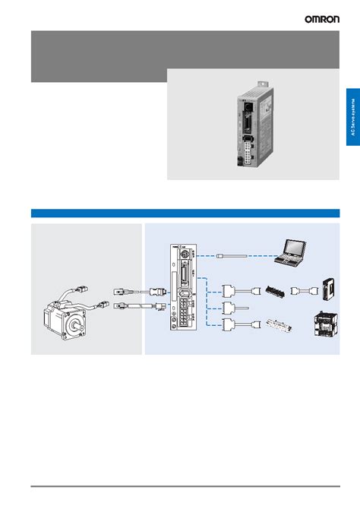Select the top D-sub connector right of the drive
coord(229,290)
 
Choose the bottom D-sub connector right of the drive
coord(229,327)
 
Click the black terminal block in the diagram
coord(273,290)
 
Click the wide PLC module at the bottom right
coord(324,326)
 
